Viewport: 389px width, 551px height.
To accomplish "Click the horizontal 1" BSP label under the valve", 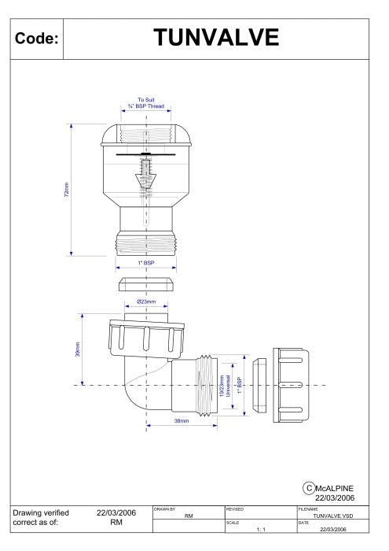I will (146, 262).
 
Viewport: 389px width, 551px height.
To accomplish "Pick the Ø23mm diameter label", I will (146, 301).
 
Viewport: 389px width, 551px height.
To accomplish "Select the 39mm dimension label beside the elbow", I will (77, 347).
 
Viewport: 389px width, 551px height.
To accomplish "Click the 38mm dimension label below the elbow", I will (181, 421).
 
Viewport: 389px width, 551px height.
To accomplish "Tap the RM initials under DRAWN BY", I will (189, 516).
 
